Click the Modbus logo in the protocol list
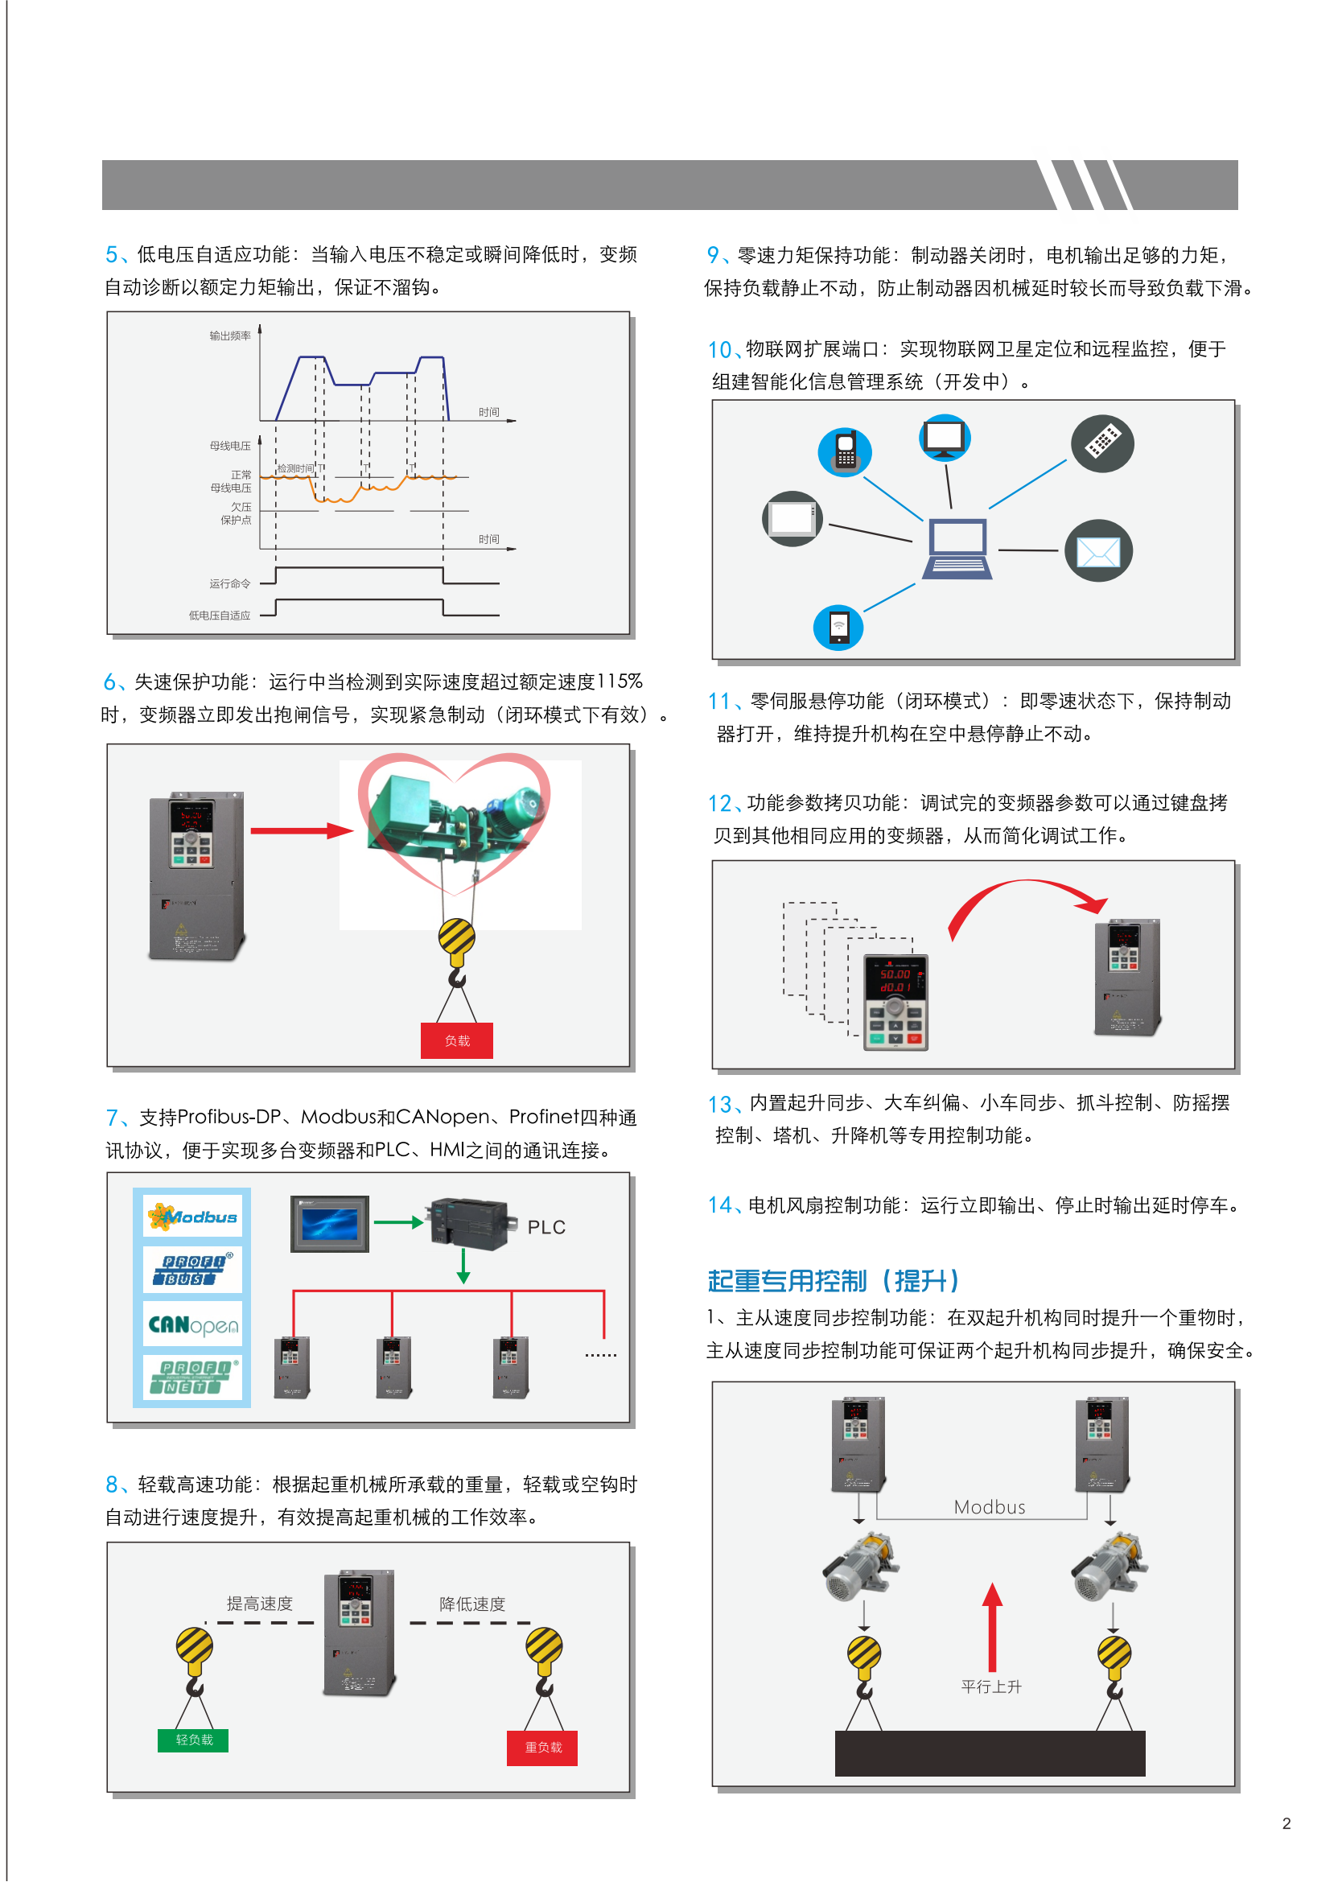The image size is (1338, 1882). [193, 1216]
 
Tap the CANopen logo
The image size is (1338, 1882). [193, 1324]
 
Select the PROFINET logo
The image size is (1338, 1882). [193, 1377]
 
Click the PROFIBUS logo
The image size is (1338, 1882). [193, 1270]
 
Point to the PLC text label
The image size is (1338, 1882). [546, 1227]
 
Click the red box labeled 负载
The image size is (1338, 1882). [456, 1040]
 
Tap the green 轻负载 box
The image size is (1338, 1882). [194, 1740]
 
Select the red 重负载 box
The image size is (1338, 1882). [542, 1747]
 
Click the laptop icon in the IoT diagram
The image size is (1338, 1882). [957, 549]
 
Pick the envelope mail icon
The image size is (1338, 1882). [1098, 550]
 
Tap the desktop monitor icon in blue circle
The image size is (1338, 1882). [945, 439]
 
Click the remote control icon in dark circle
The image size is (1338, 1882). [1102, 443]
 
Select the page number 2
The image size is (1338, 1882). [1286, 1823]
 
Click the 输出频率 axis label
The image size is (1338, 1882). [230, 336]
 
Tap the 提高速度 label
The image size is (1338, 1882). [260, 1603]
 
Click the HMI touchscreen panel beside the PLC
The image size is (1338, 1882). [330, 1224]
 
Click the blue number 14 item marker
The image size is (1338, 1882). [719, 1205]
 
